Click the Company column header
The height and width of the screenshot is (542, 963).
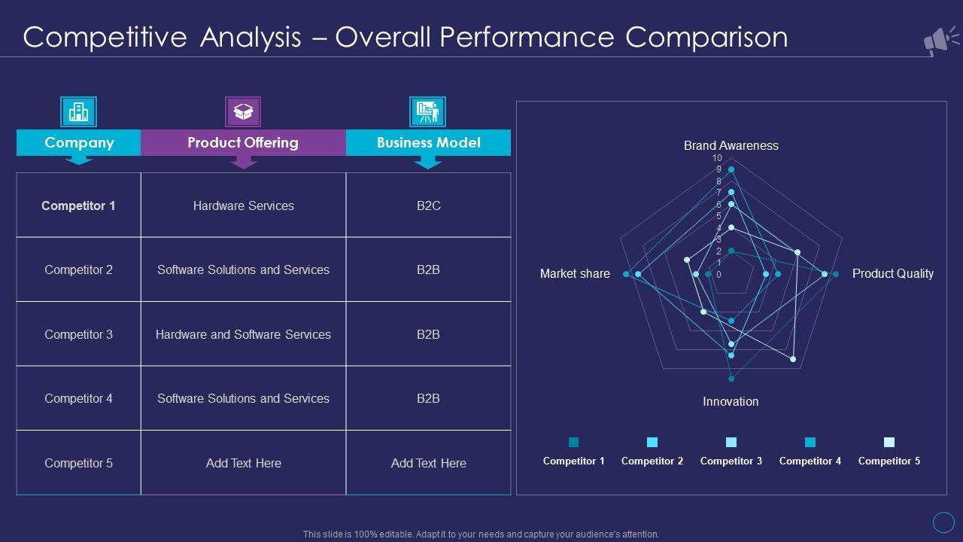(79, 142)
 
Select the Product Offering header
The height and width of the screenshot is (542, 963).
(243, 142)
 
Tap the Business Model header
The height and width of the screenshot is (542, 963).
(428, 142)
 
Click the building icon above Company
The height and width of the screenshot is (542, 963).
(78, 112)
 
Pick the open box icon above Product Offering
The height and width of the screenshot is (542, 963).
(243, 112)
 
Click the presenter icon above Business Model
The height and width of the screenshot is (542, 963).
(427, 112)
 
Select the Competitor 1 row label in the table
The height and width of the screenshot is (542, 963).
(78, 206)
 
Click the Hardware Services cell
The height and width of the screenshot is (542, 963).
(243, 206)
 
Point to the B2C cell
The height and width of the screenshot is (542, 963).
(428, 206)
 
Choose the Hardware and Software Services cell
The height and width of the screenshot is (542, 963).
(243, 334)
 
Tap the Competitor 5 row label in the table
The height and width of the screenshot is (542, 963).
(78, 463)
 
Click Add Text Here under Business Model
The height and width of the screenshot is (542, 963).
(428, 463)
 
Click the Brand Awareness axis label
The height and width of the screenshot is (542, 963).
(731, 145)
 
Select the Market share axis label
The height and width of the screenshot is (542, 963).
(575, 274)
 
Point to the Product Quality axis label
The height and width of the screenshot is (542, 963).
(892, 274)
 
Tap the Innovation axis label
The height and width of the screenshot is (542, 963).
(731, 401)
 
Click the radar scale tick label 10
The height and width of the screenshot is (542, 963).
(717, 158)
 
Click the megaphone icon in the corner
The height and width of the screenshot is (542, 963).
(940, 41)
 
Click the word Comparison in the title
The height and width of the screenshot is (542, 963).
(706, 37)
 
